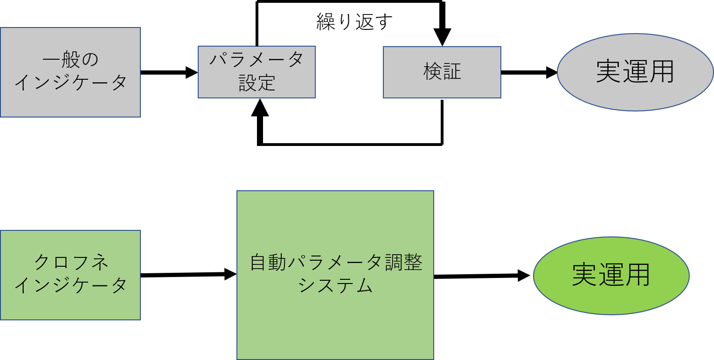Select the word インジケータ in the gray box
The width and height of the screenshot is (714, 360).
[71, 83]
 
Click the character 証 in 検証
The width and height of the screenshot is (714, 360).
[452, 72]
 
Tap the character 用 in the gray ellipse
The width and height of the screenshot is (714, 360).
[661, 72]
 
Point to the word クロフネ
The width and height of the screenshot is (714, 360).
[71, 263]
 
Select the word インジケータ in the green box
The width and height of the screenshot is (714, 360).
[71, 285]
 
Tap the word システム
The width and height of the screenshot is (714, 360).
[336, 285]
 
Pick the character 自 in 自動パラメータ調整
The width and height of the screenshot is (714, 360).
[259, 263]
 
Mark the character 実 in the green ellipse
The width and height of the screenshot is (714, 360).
[585, 275]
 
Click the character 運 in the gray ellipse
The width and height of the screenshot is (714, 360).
[635, 72]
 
